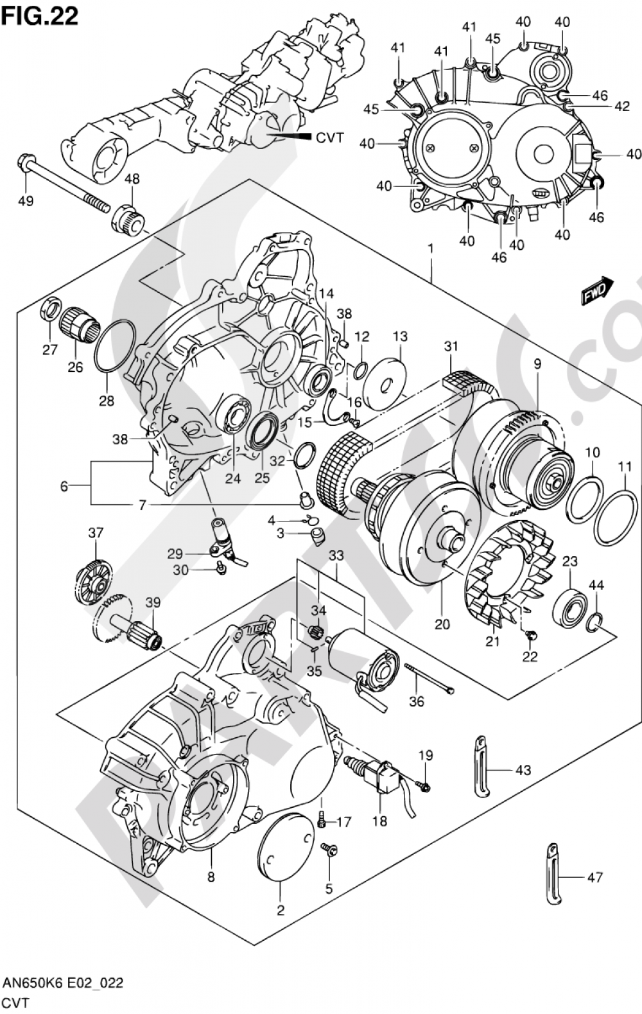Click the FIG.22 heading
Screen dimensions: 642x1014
(40, 15)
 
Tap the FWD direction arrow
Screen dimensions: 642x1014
(598, 290)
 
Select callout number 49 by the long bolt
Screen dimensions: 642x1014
(26, 200)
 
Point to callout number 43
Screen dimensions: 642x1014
(523, 769)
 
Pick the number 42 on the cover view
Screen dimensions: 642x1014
(622, 106)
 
